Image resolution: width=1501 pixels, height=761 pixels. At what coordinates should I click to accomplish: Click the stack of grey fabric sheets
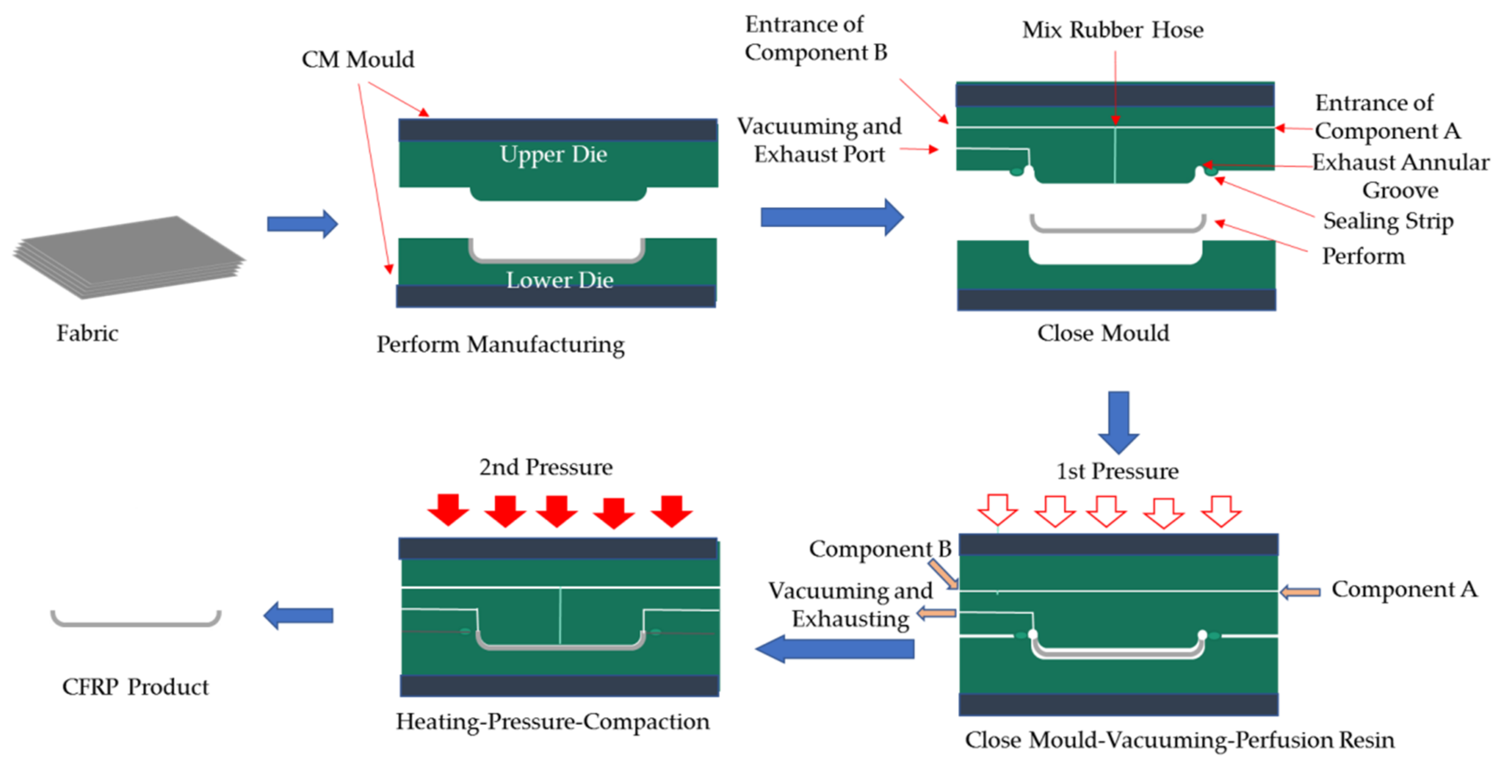(x=128, y=256)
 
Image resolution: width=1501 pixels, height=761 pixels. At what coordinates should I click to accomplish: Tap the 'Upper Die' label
(x=553, y=154)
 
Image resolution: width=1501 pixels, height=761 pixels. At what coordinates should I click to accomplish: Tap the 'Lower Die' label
(x=559, y=280)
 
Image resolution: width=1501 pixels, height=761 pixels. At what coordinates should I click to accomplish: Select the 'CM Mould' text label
(x=357, y=59)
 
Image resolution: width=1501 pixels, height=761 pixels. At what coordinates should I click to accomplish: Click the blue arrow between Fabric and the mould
(x=302, y=223)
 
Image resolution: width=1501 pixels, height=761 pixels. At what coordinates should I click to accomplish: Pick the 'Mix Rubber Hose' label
(x=1112, y=29)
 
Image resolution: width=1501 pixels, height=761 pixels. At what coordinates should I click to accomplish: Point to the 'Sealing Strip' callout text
(x=1388, y=221)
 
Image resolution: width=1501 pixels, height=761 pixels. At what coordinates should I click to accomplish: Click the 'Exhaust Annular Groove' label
(x=1400, y=175)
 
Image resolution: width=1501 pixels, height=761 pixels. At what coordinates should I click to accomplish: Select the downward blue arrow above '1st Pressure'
(x=1118, y=422)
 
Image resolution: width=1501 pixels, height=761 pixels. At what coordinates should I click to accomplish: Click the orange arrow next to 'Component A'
(x=1300, y=592)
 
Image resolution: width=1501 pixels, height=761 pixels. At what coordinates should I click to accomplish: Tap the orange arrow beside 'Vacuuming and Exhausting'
(x=936, y=613)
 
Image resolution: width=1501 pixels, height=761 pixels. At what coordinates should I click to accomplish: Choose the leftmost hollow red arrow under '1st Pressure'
(x=998, y=510)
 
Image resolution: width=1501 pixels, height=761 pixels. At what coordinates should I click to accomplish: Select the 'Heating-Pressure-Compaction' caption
(x=552, y=722)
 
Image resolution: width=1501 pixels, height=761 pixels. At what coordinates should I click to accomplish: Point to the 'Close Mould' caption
(x=1102, y=333)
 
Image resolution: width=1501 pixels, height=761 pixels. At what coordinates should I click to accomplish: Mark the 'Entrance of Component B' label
(x=815, y=39)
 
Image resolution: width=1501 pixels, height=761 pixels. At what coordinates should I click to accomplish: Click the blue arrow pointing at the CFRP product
(x=298, y=616)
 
